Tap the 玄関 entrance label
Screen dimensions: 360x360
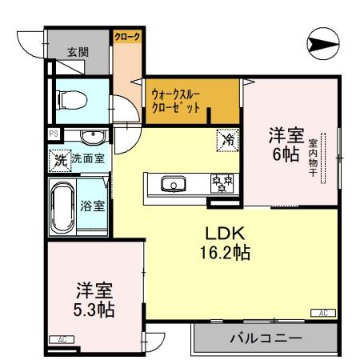coord(78,53)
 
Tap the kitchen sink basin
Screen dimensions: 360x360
coord(172,185)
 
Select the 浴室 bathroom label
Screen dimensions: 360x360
coord(93,206)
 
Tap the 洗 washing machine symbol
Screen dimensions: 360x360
coord(59,159)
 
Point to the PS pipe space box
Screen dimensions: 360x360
coord(53,134)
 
